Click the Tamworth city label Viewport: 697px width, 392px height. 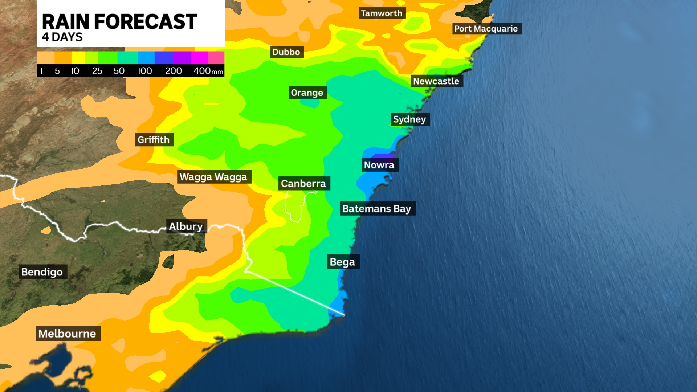[x=382, y=13]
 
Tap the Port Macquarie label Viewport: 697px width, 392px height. [x=486, y=29]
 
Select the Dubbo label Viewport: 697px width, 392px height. [x=286, y=52]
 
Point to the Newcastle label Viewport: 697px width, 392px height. [x=436, y=81]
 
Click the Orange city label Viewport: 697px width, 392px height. [x=307, y=93]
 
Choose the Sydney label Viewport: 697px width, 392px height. [x=409, y=119]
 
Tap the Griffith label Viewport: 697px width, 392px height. [x=154, y=140]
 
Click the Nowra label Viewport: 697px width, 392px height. [x=379, y=165]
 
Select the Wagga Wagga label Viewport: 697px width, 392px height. [x=213, y=177]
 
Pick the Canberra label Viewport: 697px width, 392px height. [x=303, y=184]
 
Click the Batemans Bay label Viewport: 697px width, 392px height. [x=377, y=209]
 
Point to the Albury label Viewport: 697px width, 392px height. [x=186, y=226]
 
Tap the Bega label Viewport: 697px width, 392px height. [x=342, y=262]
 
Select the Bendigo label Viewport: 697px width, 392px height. [x=42, y=272]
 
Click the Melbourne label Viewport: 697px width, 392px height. [x=68, y=334]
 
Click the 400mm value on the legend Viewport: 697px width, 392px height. [x=208, y=71]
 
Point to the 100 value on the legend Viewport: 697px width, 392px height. [x=144, y=71]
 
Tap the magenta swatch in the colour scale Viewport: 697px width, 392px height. [x=199, y=58]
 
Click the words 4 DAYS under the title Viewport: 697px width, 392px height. [x=62, y=37]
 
